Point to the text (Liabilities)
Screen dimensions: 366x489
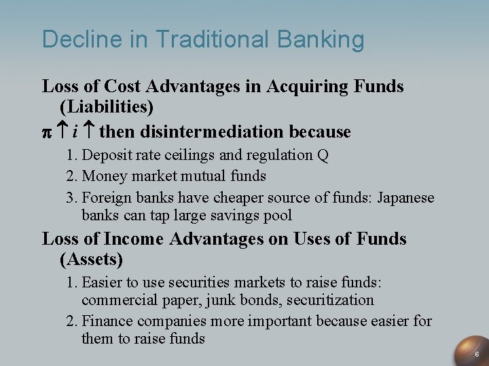(x=107, y=107)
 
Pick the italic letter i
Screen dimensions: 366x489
(x=74, y=131)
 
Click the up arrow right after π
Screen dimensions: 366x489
(x=60, y=131)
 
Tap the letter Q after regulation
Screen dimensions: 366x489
(x=323, y=155)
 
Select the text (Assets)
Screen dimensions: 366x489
(x=92, y=259)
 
